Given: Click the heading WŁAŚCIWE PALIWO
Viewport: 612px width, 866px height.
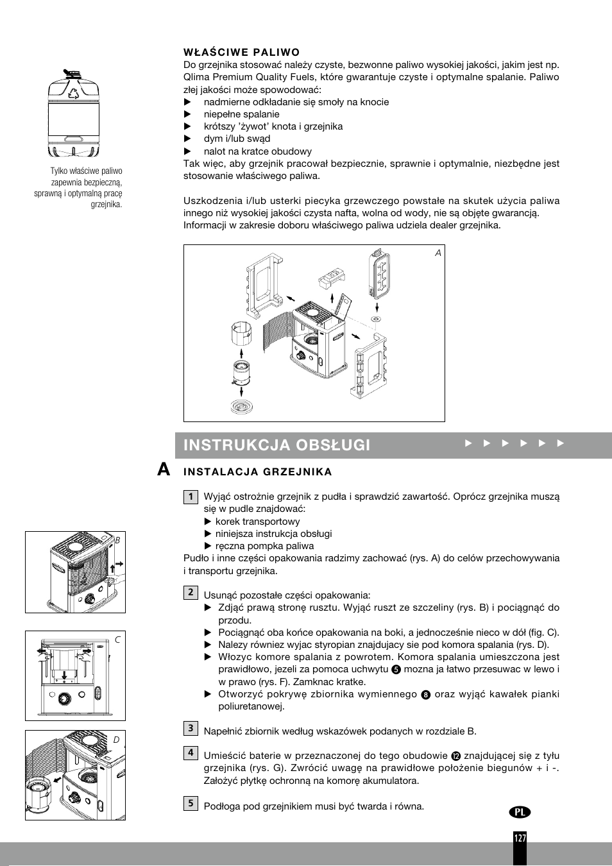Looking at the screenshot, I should click(x=241, y=52).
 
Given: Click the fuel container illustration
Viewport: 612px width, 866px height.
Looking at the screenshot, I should click(x=74, y=114).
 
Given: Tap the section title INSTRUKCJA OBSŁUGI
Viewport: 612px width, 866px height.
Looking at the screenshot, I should click(x=276, y=445).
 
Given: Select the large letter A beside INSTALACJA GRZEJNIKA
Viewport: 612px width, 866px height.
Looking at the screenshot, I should click(x=164, y=471).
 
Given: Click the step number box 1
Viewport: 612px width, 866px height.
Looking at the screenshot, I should click(x=191, y=497).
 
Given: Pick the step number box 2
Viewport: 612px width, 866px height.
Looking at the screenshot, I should click(x=191, y=592).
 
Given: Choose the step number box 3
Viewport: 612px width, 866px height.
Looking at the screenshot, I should click(x=191, y=728).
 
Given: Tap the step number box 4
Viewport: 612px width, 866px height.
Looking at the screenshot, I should click(x=191, y=753).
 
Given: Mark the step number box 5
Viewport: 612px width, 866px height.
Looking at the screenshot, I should click(x=191, y=803).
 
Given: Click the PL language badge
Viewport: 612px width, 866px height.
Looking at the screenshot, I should click(x=521, y=811).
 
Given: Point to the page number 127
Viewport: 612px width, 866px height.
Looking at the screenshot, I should click(x=520, y=838).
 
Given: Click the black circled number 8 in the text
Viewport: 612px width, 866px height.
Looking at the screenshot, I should click(x=425, y=695).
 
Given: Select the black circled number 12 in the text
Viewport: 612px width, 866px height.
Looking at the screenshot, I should click(x=455, y=756).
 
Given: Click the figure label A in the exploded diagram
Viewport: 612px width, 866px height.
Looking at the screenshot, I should click(x=438, y=253).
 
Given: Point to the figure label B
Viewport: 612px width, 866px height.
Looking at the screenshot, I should click(x=117, y=540).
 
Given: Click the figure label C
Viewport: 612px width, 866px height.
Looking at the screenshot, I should click(x=117, y=640).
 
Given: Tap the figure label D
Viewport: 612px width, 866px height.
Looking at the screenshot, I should click(x=117, y=740).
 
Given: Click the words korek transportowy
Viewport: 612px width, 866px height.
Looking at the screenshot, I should click(x=257, y=522).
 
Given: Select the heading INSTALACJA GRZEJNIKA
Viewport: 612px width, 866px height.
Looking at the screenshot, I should click(x=258, y=472).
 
